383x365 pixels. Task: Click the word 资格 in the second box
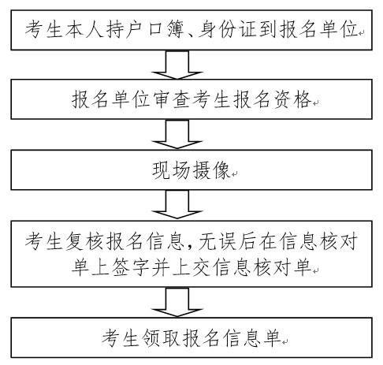293,99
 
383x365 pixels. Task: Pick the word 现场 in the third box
171,170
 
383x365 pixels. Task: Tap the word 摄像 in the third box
211,170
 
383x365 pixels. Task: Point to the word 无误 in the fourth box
218,241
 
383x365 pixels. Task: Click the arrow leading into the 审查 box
177,65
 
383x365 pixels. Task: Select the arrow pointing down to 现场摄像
177,134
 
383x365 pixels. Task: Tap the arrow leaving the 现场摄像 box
177,205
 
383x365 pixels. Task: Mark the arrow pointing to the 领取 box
177,302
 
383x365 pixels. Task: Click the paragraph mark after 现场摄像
234,173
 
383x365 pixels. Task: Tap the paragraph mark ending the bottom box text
285,342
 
